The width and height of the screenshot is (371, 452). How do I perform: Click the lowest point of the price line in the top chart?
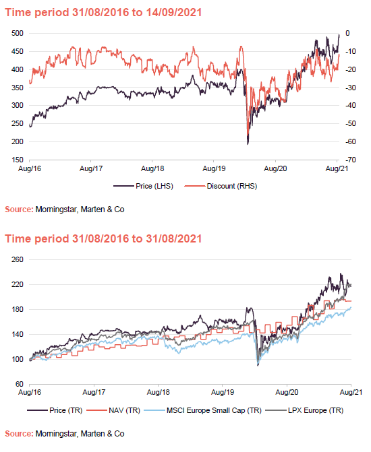[248, 143]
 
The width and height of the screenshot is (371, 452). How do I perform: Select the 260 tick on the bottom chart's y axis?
[18, 259]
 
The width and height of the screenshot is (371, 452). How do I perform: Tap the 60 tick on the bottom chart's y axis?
[20, 384]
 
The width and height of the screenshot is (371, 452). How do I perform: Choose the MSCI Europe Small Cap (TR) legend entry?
[199, 409]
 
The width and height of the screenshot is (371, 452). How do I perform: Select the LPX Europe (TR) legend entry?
[304, 409]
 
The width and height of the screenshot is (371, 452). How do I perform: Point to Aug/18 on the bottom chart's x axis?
[157, 390]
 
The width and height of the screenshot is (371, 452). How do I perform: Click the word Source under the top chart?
[18, 210]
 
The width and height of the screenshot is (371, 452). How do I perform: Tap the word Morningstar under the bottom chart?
[57, 433]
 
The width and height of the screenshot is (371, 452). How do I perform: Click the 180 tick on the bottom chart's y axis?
[18, 309]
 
